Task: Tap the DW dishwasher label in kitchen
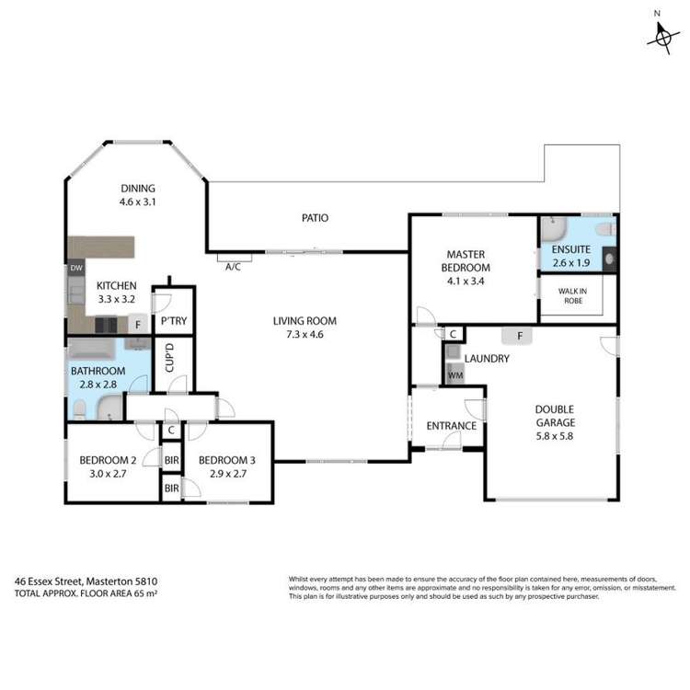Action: (x=76, y=268)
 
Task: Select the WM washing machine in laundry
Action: (x=454, y=375)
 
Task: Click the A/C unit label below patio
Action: (x=235, y=267)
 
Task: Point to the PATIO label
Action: (x=316, y=218)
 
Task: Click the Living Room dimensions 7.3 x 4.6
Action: (x=305, y=335)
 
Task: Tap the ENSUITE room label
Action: (x=571, y=248)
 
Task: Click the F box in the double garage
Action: (x=519, y=336)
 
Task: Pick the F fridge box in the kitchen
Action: (x=137, y=324)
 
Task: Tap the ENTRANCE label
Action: (x=451, y=426)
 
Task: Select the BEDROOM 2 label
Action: (x=108, y=460)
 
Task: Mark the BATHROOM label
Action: (x=98, y=371)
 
